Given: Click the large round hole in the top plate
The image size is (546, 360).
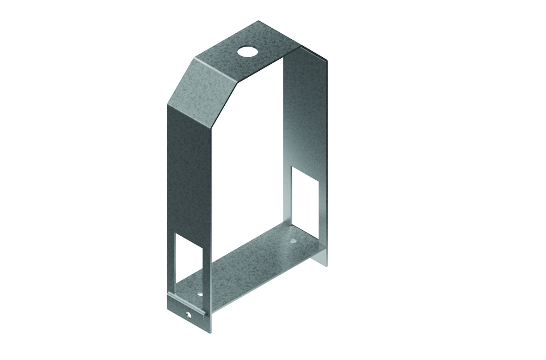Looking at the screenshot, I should pos(246,51).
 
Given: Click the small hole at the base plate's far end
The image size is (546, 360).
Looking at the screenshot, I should pos(292,242).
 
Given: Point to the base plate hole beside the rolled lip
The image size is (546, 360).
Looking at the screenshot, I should pos(200,294).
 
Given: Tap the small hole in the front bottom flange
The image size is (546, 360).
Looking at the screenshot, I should pos(188,315).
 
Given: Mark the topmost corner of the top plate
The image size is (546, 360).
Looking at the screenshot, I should pos(259,21).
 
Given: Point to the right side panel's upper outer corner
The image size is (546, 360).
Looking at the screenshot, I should pos(326,61).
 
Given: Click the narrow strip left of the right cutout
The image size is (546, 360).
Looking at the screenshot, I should pos(287,199).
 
